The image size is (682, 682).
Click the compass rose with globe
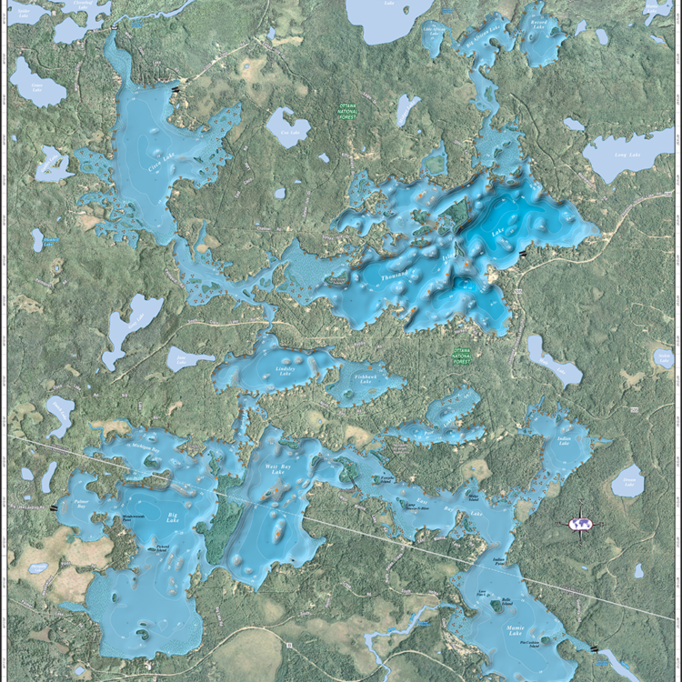[x=579, y=524]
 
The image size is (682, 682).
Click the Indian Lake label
[x=563, y=443]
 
